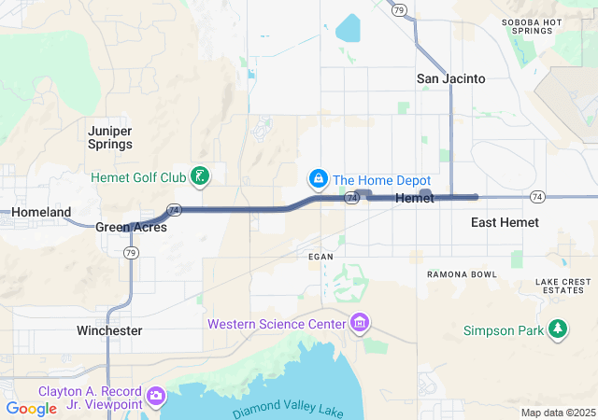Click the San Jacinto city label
450,78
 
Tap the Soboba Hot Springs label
533,26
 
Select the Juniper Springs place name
110,137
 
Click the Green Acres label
131,227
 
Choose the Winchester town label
109,330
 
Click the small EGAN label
320,255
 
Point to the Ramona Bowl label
462,274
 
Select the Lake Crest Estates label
563,286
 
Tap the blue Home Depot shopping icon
319,177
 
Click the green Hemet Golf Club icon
199,175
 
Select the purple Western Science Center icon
360,324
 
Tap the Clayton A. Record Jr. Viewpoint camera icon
156,397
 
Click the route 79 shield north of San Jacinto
399,10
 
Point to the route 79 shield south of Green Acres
132,253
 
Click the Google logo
31,409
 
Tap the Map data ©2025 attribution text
557,413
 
